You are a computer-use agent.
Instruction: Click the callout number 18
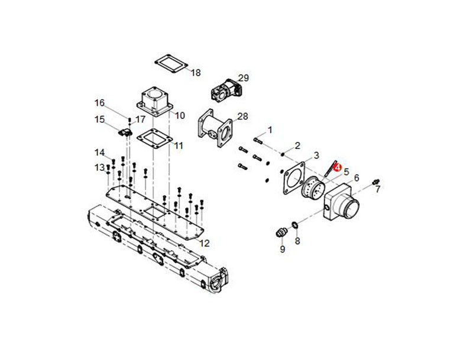pyautogui.click(x=196, y=73)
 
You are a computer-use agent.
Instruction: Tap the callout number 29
pyautogui.click(x=244, y=78)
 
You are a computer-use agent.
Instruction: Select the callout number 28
pyautogui.click(x=242, y=116)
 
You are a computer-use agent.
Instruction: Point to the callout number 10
pyautogui.click(x=180, y=115)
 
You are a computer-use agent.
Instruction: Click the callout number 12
pyautogui.click(x=205, y=243)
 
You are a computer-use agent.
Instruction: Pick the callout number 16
pyautogui.click(x=99, y=103)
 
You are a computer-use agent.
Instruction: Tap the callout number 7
pyautogui.click(x=378, y=190)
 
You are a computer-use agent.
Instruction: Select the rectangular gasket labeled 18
pyautogui.click(x=171, y=64)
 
